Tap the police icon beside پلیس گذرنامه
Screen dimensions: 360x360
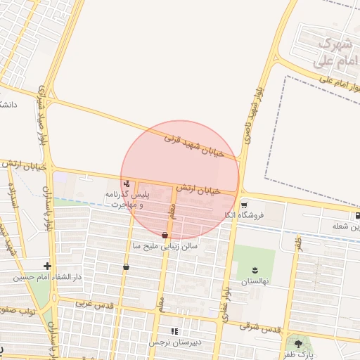coord(126,184)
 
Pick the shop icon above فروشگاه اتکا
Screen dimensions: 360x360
coord(244,205)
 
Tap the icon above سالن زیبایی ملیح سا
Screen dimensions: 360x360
coord(165,235)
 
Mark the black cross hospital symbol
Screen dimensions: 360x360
coord(47,266)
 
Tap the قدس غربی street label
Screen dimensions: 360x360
coord(94,304)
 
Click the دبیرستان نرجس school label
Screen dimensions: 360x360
coord(174,342)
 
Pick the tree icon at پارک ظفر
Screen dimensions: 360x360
coord(299,344)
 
